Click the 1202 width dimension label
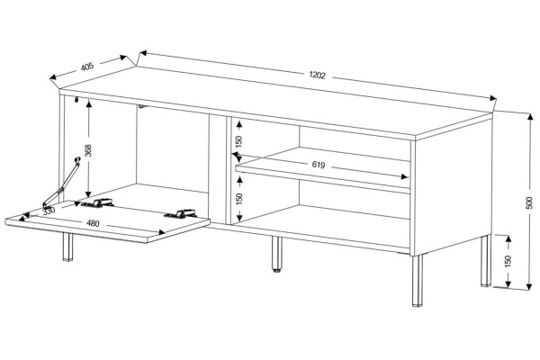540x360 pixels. coord(317,75)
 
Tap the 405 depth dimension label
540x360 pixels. coord(87,66)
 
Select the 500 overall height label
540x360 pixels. coord(530,202)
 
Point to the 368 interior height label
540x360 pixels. coord(88,150)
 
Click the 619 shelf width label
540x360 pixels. coord(319,165)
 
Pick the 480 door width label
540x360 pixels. coord(93,223)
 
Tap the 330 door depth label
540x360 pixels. coord(49,211)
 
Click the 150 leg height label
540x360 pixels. coord(508,261)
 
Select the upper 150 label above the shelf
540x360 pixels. coord(238,141)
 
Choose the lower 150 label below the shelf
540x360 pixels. coord(238,199)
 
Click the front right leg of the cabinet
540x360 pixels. coord(417,281)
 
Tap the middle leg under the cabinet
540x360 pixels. coord(276,254)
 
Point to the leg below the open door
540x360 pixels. coord(67,247)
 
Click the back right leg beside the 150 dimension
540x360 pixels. coord(485,260)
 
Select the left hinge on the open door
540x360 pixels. coord(98,203)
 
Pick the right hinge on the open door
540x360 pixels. coord(181,213)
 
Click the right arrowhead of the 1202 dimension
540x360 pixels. coord(491,98)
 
